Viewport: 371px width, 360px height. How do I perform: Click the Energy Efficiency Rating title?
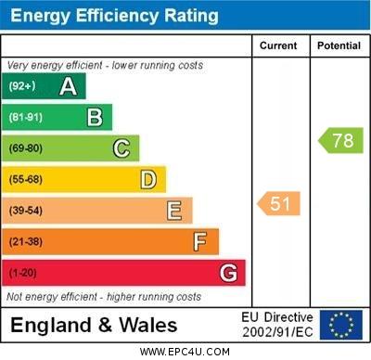114,16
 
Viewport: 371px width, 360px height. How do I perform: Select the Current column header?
278,45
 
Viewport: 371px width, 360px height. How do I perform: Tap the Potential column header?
339,45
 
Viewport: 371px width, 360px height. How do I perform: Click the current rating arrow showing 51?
279,203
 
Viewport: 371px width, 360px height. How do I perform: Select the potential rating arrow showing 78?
340,141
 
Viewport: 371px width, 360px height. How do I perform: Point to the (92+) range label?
22,87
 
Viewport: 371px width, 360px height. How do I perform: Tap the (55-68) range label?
27,180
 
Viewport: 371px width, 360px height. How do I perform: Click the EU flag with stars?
340,325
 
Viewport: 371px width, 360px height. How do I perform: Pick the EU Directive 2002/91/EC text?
278,325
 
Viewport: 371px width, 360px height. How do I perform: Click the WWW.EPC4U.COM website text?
185,352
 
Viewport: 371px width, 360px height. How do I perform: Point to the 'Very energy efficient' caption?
103,66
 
